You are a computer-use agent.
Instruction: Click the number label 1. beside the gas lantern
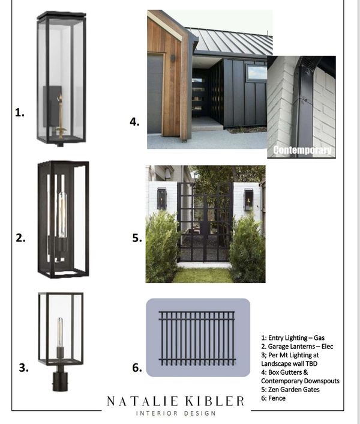19,112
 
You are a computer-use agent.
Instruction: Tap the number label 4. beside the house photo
134,122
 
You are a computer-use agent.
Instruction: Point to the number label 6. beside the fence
137,368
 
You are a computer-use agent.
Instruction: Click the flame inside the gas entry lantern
59,98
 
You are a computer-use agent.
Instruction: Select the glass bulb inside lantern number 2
62,214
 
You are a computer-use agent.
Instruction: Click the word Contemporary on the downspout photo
302,150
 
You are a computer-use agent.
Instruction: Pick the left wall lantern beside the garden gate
161,199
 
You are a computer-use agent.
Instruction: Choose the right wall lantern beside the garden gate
248,200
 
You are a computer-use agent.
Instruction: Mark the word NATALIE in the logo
143,401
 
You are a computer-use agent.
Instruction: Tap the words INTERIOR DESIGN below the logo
176,413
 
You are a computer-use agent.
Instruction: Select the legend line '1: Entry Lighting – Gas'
293,338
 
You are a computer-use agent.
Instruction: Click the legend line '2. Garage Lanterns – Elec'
297,347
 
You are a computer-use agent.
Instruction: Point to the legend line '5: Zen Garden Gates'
290,389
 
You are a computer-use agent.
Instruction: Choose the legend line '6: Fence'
274,398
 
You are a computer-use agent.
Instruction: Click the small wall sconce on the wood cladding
173,58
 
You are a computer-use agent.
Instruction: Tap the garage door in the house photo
155,94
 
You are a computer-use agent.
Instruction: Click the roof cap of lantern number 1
62,15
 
